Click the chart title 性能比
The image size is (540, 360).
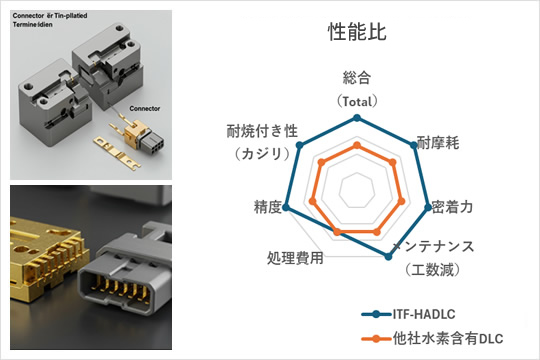coord(357,32)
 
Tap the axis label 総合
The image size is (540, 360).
coord(357,78)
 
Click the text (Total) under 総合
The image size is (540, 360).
coord(357,101)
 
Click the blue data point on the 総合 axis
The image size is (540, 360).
coord(356,118)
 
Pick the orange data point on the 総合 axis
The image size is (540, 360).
coord(356,145)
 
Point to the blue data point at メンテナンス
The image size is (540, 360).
coord(388,258)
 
